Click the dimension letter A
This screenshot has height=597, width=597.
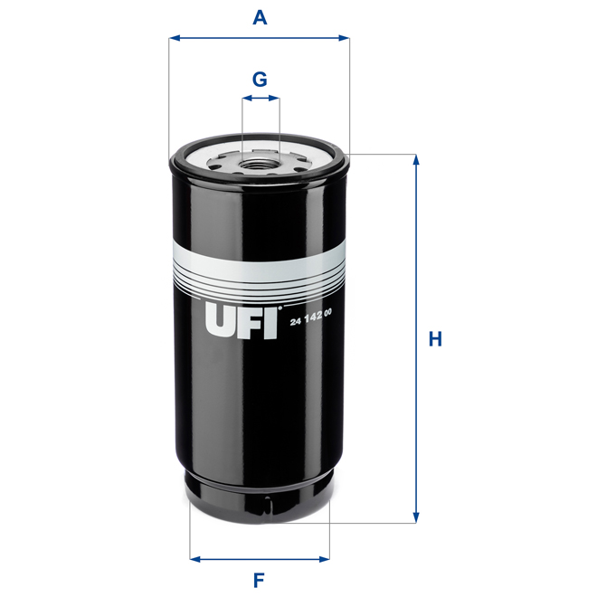point(260,17)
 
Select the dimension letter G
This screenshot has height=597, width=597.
point(260,79)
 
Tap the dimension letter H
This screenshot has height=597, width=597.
point(435,340)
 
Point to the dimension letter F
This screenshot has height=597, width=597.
point(259,580)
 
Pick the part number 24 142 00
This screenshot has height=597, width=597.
point(311,312)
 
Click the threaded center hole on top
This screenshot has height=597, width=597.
point(259,165)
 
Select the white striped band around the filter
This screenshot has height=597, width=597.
point(259,268)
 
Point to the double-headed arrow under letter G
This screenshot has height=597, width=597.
point(261,101)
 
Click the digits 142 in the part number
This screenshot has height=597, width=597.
point(312,312)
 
